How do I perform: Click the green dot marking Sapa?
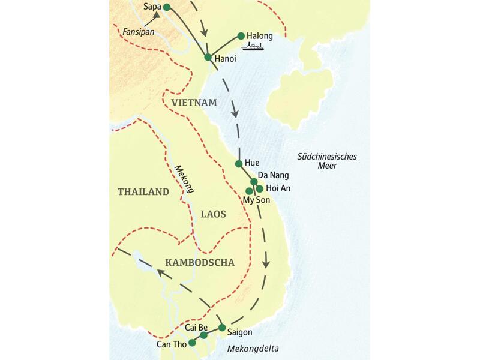(167, 7)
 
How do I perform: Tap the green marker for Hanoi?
(208, 58)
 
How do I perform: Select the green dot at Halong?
(241, 36)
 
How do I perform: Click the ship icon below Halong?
(253, 47)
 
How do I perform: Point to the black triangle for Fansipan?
(157, 16)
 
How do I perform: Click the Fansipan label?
(139, 29)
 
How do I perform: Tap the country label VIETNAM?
(193, 103)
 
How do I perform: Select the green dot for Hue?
(239, 163)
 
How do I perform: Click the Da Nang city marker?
(254, 181)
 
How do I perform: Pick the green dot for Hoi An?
(260, 188)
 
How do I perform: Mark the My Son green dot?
(249, 191)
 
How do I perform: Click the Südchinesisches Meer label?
(327, 161)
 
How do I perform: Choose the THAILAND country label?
(143, 192)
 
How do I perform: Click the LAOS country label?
(212, 212)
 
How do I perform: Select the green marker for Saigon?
(222, 328)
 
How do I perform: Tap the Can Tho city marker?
(191, 343)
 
